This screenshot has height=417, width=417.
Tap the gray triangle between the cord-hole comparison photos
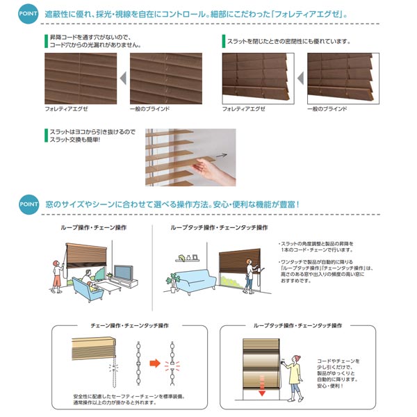(x=122, y=78)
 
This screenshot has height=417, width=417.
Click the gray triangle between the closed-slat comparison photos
(x=300, y=78)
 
